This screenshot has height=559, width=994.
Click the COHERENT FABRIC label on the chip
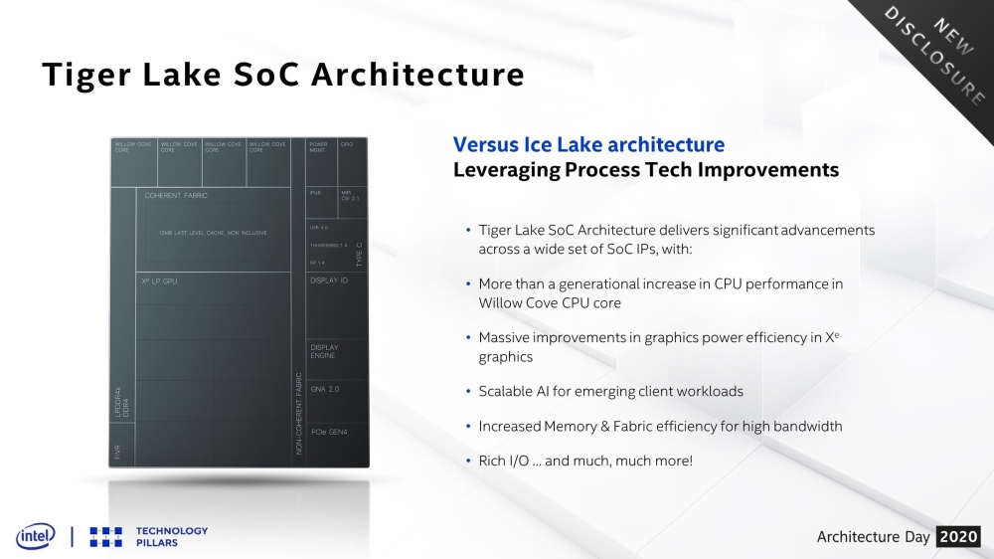pyautogui.click(x=176, y=196)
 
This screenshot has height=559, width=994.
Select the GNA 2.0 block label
pyautogui.click(x=325, y=389)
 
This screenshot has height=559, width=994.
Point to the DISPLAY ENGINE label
pyautogui.click(x=324, y=351)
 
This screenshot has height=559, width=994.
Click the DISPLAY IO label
pyautogui.click(x=329, y=280)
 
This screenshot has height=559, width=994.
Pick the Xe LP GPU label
pyautogui.click(x=159, y=281)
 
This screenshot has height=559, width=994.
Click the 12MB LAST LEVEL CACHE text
pyautogui.click(x=213, y=233)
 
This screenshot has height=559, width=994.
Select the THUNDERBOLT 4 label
pyautogui.click(x=328, y=245)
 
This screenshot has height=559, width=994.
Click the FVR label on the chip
pyautogui.click(x=117, y=453)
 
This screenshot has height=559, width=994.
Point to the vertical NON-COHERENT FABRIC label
pyautogui.click(x=298, y=414)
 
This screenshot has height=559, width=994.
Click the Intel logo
pyautogui.click(x=35, y=536)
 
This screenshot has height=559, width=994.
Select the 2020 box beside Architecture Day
pyautogui.click(x=958, y=537)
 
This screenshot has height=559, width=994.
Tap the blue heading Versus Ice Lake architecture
pyautogui.click(x=588, y=145)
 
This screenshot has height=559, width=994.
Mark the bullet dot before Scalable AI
pyautogui.click(x=467, y=392)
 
